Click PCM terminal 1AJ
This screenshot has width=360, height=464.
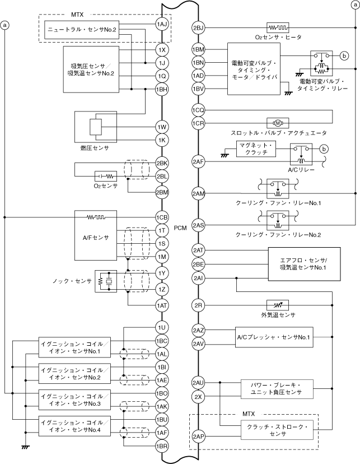pos(162,24)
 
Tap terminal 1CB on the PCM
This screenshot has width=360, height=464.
pos(162,217)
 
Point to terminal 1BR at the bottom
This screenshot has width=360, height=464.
pos(162,446)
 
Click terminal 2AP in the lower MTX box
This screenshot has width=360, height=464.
pos(198,436)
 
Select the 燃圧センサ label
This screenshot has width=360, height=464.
pos(93,147)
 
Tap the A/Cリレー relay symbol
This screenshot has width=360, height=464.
pos(302,152)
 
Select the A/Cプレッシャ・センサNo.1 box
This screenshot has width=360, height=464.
pos(273,337)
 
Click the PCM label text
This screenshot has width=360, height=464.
pos(180,228)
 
